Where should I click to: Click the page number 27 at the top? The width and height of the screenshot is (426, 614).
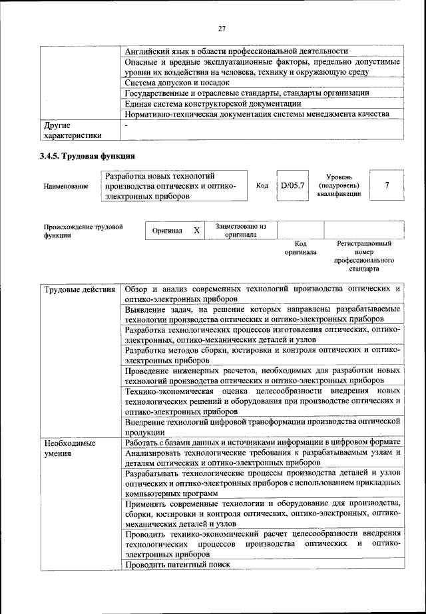pyautogui.click(x=222, y=28)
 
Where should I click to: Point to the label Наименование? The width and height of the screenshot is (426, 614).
pyautogui.click(x=66, y=186)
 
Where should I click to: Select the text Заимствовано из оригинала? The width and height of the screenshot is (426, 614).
pyautogui.click(x=240, y=231)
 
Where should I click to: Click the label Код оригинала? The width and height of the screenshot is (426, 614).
pyautogui.click(x=296, y=249)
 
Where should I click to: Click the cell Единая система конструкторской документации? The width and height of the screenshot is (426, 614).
pyautogui.click(x=212, y=103)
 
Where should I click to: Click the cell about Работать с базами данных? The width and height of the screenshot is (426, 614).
pyautogui.click(x=262, y=442)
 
